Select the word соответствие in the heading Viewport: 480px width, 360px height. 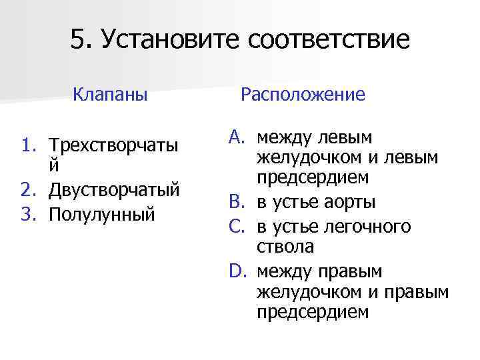click(x=329, y=41)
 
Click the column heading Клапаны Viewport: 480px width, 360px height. click(x=111, y=94)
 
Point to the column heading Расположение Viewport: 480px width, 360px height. click(x=303, y=94)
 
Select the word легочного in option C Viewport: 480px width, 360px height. click(x=368, y=227)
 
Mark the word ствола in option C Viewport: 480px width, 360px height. click(x=285, y=247)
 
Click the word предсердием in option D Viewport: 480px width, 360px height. click(x=313, y=311)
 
